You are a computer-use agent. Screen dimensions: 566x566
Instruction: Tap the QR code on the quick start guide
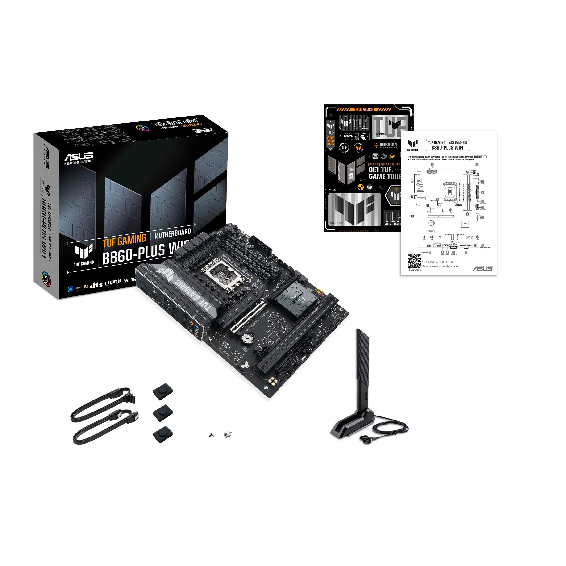coord(414,261)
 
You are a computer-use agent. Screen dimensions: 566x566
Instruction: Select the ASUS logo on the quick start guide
coord(483,269)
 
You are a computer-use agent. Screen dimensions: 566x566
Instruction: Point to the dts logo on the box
coord(96,285)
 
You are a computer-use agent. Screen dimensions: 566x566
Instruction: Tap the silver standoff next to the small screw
coord(227,434)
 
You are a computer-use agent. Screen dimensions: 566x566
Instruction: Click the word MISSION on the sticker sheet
coord(388,145)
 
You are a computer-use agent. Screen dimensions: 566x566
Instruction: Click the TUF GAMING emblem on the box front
coord(84,254)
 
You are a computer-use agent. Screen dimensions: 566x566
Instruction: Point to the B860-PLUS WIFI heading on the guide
coord(447,148)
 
